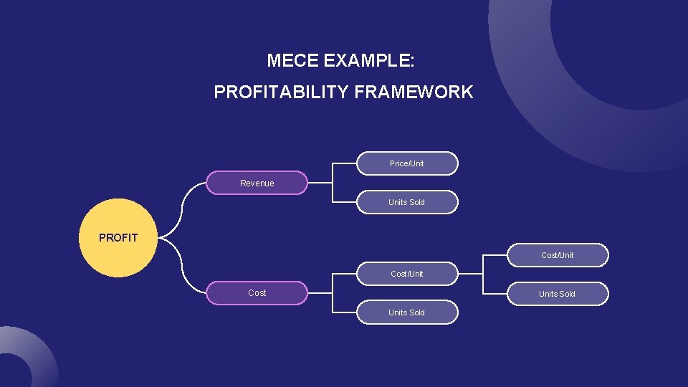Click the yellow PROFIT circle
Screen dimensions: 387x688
118,238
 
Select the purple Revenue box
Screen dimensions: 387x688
257,183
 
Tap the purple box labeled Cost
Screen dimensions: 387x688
257,293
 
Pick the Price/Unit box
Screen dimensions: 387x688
407,163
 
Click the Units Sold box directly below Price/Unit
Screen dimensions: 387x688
407,202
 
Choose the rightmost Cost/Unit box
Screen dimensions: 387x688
558,255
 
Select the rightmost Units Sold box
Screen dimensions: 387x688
558,294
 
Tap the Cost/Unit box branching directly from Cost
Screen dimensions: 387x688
407,274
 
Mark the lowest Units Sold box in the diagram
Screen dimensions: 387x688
407,312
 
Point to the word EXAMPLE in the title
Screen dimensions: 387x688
368,61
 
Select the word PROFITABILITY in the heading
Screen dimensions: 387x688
282,92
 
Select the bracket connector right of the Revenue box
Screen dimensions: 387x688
333,183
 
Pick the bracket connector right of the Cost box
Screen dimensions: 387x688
333,293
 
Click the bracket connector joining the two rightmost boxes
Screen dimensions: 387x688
483,274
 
